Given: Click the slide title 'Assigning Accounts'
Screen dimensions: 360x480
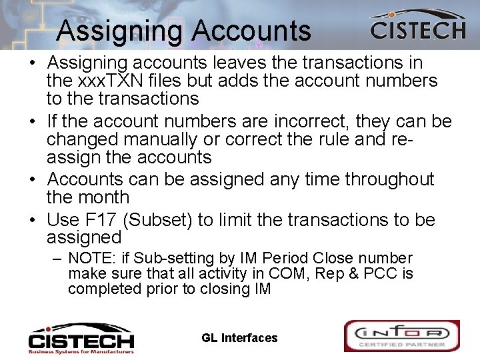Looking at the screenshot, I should [183, 31].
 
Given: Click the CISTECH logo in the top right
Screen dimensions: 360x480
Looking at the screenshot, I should [417, 26].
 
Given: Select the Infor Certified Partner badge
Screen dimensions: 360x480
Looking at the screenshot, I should [401, 336].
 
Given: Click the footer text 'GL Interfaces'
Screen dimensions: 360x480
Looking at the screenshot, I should [239, 338].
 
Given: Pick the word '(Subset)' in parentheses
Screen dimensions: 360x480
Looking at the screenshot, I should [173, 220].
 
